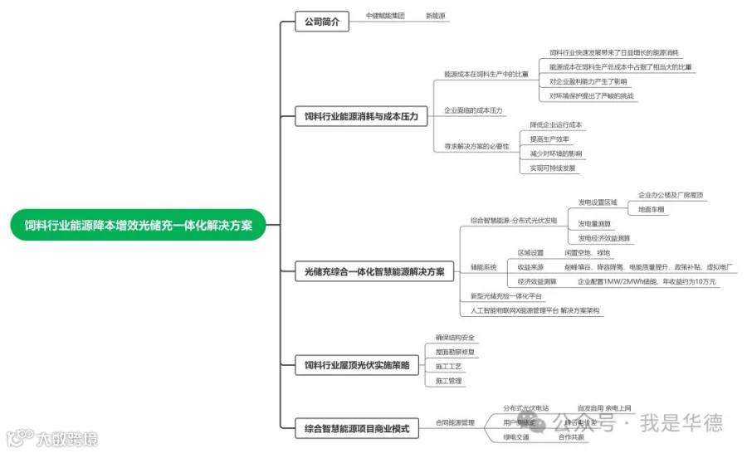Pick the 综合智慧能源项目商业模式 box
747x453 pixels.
coord(357,429)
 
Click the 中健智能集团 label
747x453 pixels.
coord(385,16)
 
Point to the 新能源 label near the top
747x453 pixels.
coord(436,16)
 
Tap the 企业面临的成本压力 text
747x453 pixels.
coord(473,110)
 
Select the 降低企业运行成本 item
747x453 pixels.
coord(556,125)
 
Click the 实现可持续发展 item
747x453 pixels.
coord(553,168)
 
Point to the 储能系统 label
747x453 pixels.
coord(483,267)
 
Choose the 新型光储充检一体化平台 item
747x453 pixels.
coord(506,296)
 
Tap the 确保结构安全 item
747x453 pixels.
coord(455,338)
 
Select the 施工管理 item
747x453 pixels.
coord(448,381)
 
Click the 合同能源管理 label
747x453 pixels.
coord(455,423)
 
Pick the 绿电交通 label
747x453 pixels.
coord(516,436)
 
